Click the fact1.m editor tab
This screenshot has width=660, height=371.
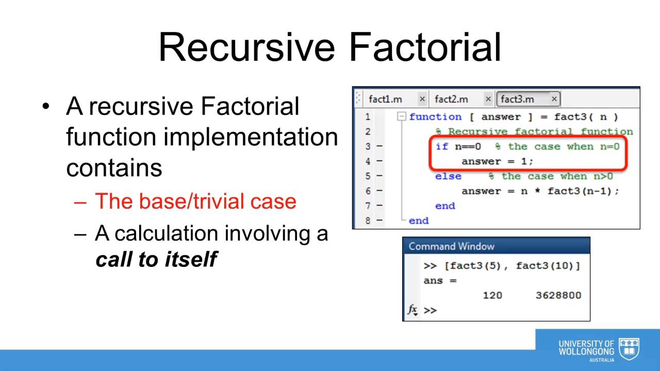point(385,99)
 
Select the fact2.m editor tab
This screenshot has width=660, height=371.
point(451,99)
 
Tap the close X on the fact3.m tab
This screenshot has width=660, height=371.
point(554,99)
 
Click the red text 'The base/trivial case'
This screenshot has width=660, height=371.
point(195,201)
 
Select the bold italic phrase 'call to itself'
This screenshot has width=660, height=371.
point(156,259)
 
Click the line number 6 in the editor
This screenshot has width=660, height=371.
point(368,191)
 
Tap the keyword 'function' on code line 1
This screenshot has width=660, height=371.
point(435,117)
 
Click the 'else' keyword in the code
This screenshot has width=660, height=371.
point(448,176)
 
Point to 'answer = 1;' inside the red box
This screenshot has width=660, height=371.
point(497,161)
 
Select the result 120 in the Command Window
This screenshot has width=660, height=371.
point(492,295)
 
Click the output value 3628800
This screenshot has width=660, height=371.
point(558,295)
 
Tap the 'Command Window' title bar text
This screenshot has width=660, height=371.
point(451,246)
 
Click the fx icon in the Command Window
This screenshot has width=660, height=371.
point(412,310)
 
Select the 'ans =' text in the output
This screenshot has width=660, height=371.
point(440,281)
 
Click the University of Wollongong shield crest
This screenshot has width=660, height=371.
point(629,349)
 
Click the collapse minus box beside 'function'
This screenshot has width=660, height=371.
point(402,117)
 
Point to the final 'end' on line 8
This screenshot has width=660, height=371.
point(418,221)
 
